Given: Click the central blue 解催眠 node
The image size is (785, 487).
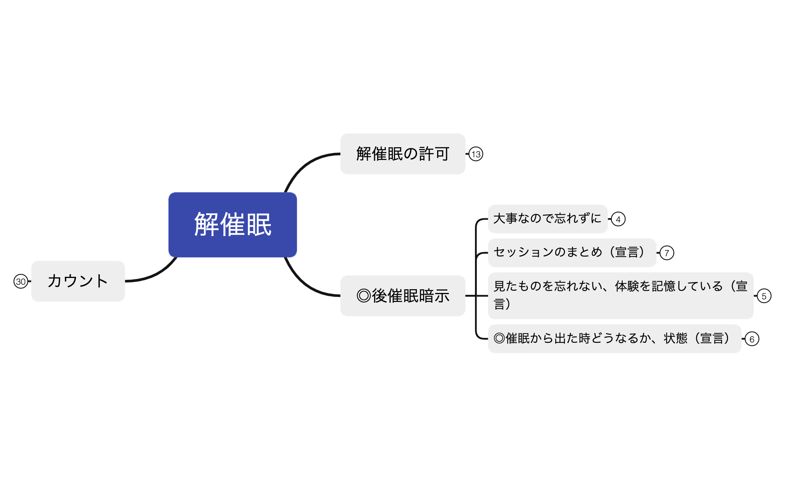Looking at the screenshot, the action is click(232, 224).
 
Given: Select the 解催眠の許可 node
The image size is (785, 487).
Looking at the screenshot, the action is click(402, 154).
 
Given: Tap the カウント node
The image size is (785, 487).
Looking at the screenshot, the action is click(78, 281).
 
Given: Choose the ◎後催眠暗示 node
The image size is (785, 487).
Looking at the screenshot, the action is click(402, 296).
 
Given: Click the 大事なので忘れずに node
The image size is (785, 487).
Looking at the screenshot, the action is click(547, 219).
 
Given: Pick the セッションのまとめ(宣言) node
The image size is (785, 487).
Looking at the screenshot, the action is click(572, 252).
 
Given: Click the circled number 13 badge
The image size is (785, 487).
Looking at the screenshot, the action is click(476, 154).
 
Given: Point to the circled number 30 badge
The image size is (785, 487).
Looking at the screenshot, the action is click(21, 281).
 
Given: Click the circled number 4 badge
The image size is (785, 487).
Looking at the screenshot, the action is click(618, 219).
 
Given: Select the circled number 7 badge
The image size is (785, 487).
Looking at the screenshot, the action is click(667, 253).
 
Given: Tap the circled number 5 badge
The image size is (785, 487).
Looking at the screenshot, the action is click(764, 296).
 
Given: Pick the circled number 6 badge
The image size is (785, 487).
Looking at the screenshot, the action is click(752, 339).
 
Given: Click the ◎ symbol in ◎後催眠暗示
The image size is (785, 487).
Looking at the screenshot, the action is click(364, 296).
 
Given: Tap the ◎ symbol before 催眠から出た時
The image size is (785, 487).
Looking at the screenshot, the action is click(499, 338).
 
